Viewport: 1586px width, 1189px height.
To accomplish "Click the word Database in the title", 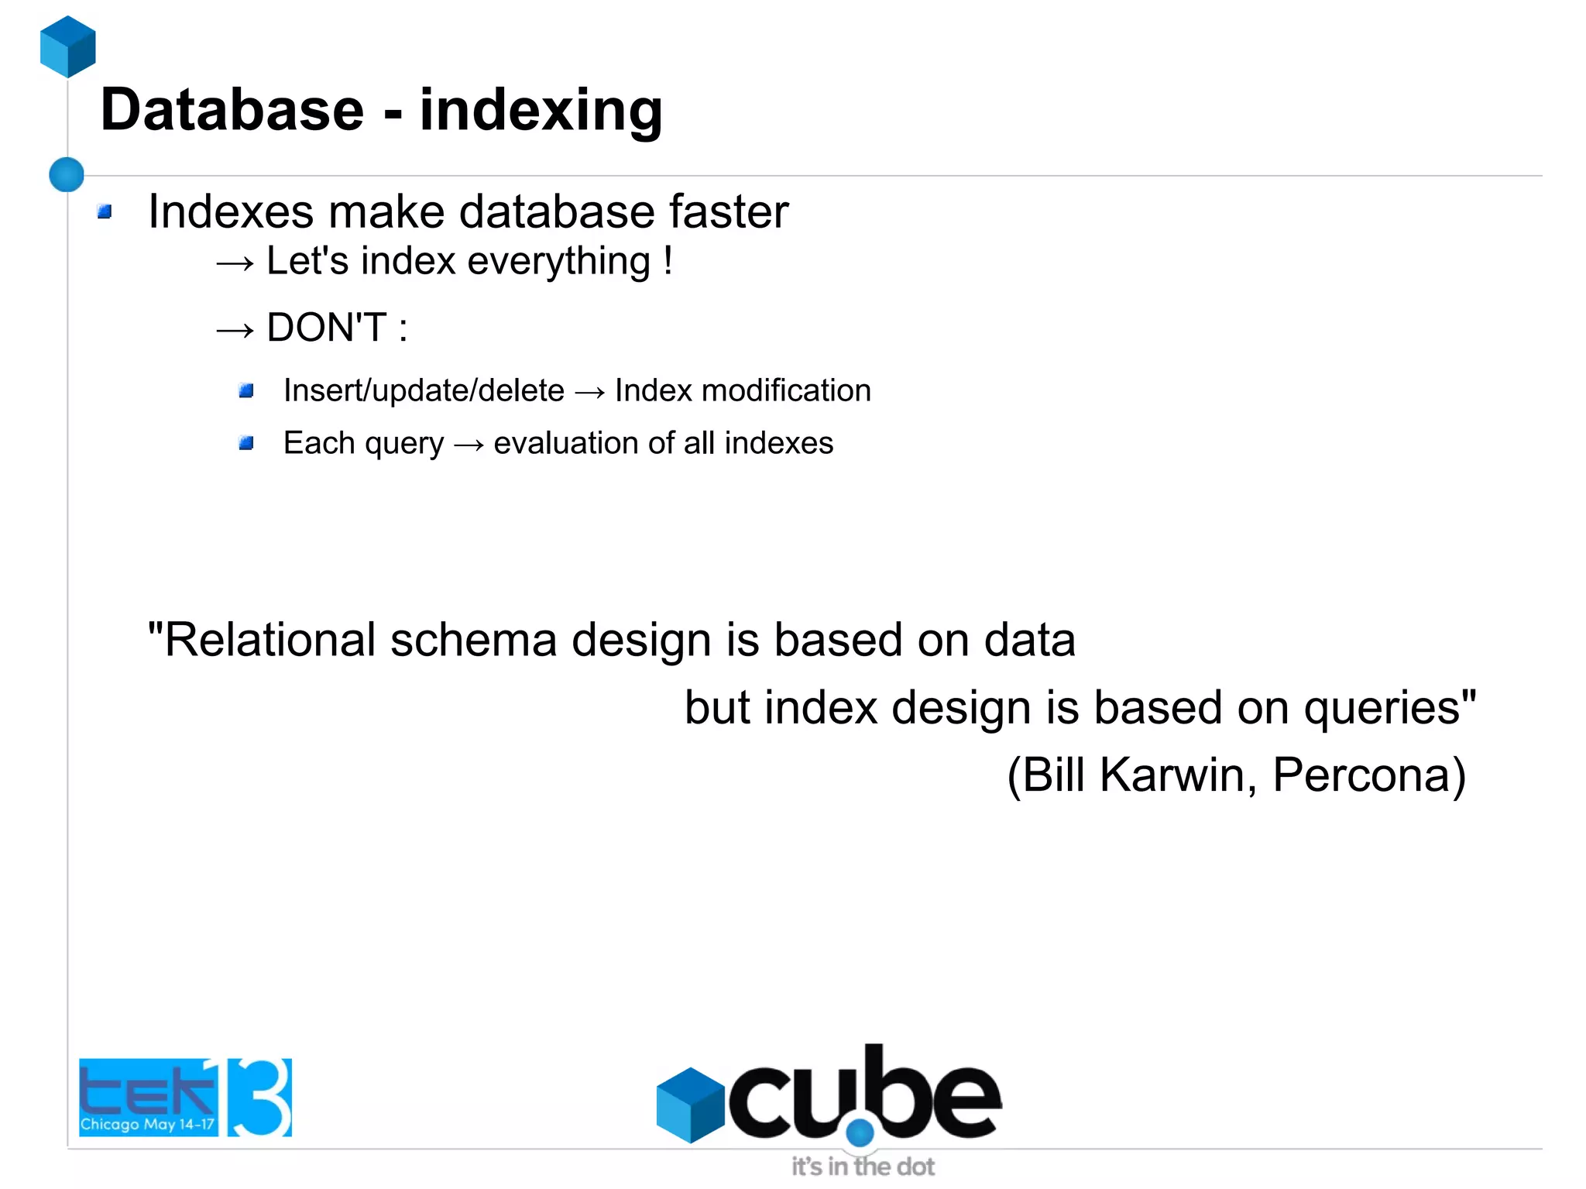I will (x=232, y=110).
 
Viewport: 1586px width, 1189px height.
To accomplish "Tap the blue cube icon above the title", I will (x=68, y=46).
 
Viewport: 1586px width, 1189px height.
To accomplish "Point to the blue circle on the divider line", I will (x=67, y=174).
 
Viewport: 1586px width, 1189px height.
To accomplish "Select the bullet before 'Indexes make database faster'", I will (x=105, y=211).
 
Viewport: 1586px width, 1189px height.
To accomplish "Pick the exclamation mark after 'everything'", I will (x=668, y=260).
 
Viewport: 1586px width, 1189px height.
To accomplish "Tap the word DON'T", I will (x=326, y=328).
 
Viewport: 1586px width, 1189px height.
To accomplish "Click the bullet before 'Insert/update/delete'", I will (x=246, y=391).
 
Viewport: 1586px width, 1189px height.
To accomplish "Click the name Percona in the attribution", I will (x=1368, y=775).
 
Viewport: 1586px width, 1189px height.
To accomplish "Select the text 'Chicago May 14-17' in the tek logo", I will (x=147, y=1124).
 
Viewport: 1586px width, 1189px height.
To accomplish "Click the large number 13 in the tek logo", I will (x=259, y=1097).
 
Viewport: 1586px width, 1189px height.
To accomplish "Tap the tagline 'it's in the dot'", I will (x=862, y=1167).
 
